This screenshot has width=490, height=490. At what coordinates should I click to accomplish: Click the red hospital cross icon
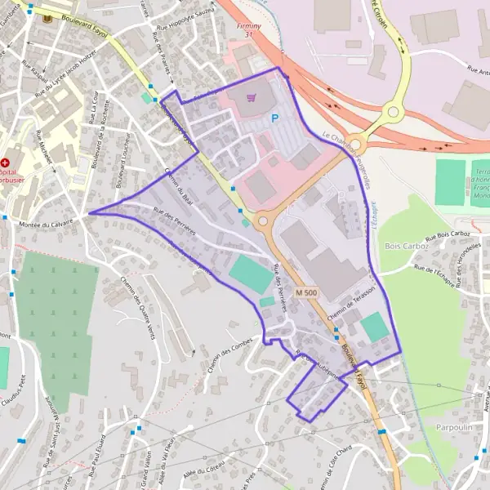coord(5,152)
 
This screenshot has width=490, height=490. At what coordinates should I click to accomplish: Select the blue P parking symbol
coord(275,118)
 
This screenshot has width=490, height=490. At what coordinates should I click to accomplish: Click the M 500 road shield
coord(306,292)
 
